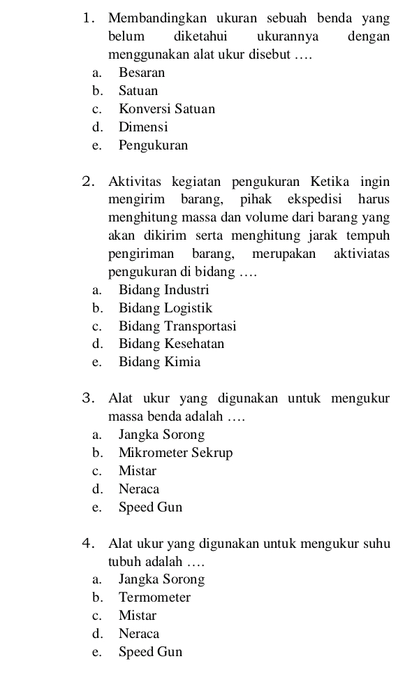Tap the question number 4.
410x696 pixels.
coord(86,544)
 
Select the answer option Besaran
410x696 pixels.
coord(142,73)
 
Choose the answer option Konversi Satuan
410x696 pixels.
coord(166,109)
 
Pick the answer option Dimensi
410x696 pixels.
coord(143,127)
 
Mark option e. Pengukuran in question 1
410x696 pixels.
coord(153,146)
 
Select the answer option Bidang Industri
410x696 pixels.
coord(163,289)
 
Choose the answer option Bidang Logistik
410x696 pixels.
coord(165,308)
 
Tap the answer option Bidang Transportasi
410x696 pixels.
coord(177,326)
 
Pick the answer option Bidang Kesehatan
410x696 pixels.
coord(171,344)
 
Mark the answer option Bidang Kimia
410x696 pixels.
coord(159,362)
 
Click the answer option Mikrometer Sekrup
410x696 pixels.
coord(175,453)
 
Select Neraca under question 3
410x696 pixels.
coord(139,489)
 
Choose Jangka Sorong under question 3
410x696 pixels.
coord(161,435)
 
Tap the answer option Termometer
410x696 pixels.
coord(154,597)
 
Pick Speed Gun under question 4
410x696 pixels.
coord(150,652)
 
